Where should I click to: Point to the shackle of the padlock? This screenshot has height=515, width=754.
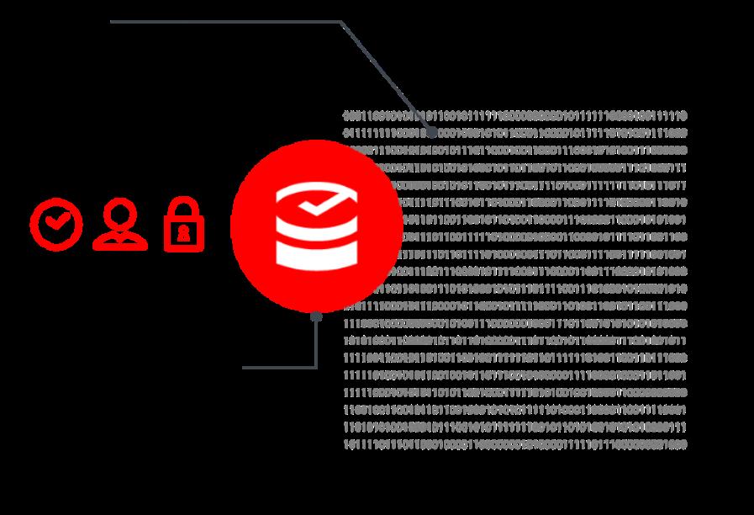[184, 208]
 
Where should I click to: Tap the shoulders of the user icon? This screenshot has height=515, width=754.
[120, 240]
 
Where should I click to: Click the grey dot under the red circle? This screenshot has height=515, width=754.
[316, 317]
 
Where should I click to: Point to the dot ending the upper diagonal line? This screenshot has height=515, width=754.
[431, 132]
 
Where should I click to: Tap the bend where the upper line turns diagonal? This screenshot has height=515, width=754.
[341, 23]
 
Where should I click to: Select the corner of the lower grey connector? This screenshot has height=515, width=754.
[316, 367]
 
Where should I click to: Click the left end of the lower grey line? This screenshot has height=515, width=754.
[245, 367]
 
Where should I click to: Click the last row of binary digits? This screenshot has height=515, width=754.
[514, 443]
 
